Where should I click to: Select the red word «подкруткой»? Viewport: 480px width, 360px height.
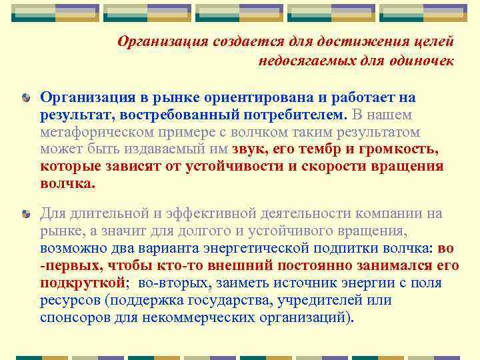(x=83, y=283)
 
